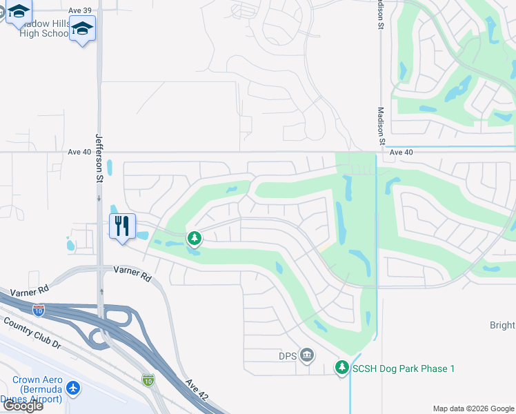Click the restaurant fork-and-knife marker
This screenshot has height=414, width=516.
[122, 226]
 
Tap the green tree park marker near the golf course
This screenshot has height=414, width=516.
[195, 239]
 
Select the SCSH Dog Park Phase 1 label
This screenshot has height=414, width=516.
[403, 368]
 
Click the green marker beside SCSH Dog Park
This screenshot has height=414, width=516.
[341, 368]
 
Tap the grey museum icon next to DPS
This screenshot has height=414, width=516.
[307, 356]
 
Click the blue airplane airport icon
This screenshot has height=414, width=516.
[73, 388]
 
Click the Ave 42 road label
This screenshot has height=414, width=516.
[195, 393]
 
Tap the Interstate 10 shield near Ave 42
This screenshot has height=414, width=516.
[148, 379]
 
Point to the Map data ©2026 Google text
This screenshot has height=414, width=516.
[473, 408]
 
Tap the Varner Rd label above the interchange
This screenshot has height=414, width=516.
[132, 275]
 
